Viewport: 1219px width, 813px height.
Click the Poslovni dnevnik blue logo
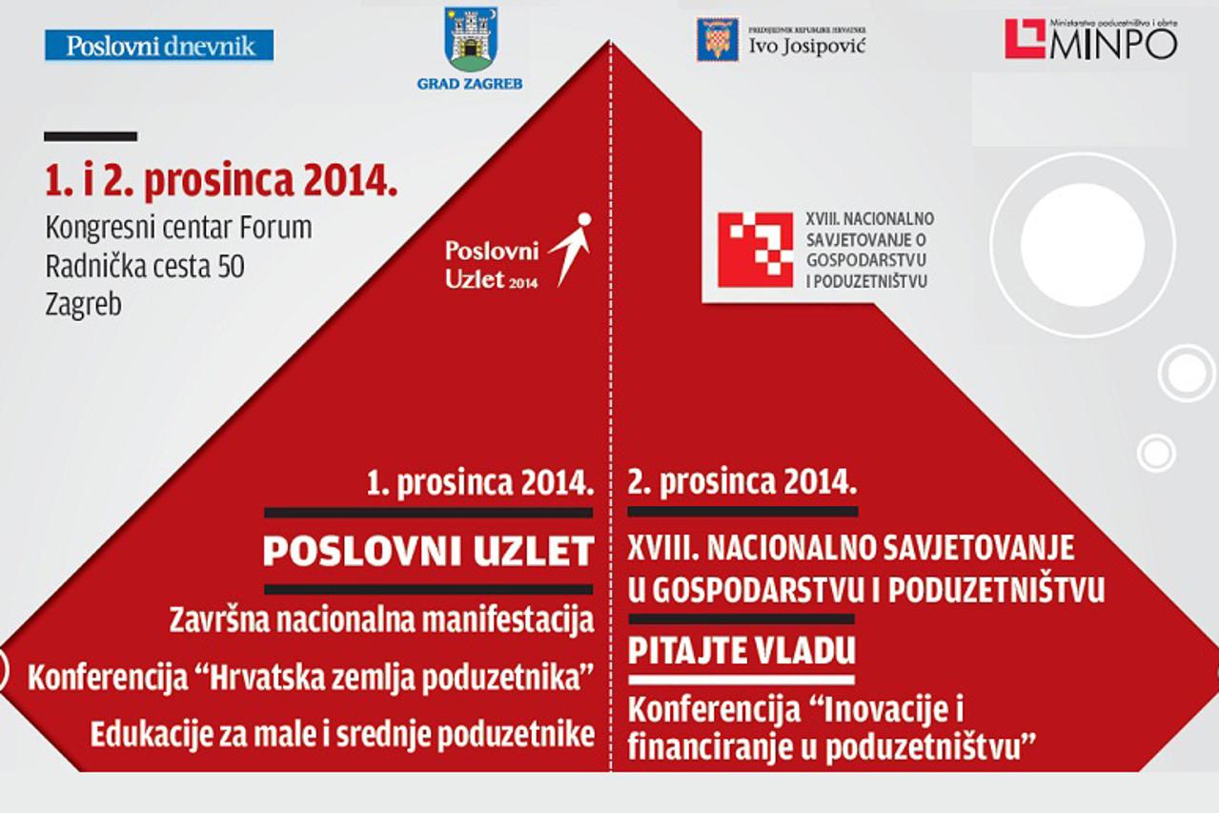click(159, 45)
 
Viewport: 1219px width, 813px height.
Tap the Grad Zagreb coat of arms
click(471, 40)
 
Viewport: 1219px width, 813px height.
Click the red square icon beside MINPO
click(1025, 39)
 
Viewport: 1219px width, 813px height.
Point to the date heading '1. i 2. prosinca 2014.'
click(221, 182)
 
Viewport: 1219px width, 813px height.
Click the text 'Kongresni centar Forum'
click(179, 229)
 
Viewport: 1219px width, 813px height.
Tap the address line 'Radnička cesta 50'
click(145, 267)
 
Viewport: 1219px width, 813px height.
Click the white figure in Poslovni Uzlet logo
click(572, 246)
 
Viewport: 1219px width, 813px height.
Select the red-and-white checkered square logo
click(755, 250)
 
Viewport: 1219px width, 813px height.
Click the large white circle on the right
click(1082, 245)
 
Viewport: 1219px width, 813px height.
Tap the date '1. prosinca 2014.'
click(480, 482)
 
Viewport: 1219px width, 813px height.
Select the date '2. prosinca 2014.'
click(742, 482)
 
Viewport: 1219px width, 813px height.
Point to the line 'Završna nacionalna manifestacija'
click(381, 620)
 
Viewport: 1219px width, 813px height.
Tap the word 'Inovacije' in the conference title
click(892, 711)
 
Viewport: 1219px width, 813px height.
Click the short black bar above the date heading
click(91, 136)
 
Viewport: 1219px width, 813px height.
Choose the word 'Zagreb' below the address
click(84, 305)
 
